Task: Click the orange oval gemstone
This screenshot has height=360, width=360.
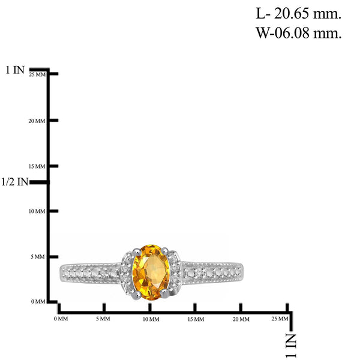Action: [x=151, y=272]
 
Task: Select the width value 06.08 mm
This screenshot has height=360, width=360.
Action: [x=308, y=33]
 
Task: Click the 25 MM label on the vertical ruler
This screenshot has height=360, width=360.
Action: [x=37, y=74]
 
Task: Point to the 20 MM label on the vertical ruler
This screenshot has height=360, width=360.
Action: [x=37, y=121]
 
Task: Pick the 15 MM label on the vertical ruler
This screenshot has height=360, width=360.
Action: [x=37, y=166]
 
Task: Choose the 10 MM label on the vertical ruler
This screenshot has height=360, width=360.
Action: [x=37, y=211]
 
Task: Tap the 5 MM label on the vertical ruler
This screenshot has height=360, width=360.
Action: [x=38, y=257]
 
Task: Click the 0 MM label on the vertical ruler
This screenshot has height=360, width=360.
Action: [x=38, y=301]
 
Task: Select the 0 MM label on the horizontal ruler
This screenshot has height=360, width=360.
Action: [x=61, y=319]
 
